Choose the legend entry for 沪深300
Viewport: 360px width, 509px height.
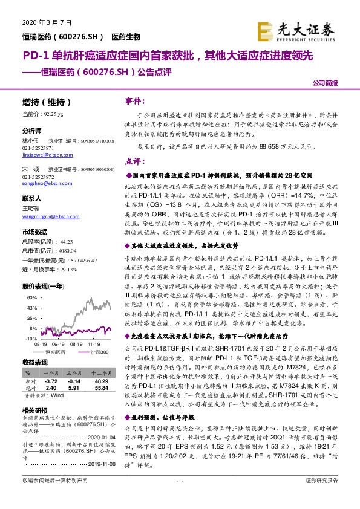[100, 351]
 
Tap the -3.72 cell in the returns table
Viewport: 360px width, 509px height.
[51, 382]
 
